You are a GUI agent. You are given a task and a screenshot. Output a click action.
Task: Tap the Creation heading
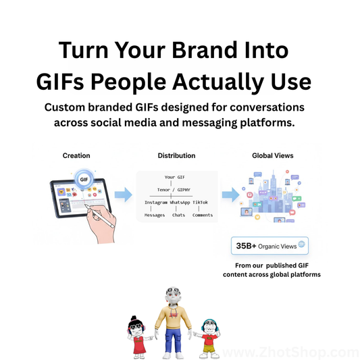tap(76, 155)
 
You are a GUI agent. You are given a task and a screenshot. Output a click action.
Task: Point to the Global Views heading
tap(273, 155)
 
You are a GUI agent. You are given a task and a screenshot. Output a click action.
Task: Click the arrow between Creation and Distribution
tap(122, 195)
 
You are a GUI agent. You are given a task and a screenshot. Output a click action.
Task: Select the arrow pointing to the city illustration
tap(230, 195)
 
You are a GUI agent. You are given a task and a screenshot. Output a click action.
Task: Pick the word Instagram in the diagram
tap(155, 203)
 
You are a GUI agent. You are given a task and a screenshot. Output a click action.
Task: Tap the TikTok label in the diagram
tap(201, 203)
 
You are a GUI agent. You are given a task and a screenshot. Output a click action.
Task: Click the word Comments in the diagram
tap(203, 215)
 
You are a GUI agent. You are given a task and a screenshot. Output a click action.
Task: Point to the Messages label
tap(155, 215)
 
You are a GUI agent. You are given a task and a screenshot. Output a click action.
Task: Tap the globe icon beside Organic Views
tap(301, 245)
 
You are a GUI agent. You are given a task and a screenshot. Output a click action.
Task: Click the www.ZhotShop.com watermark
tap(291, 353)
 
